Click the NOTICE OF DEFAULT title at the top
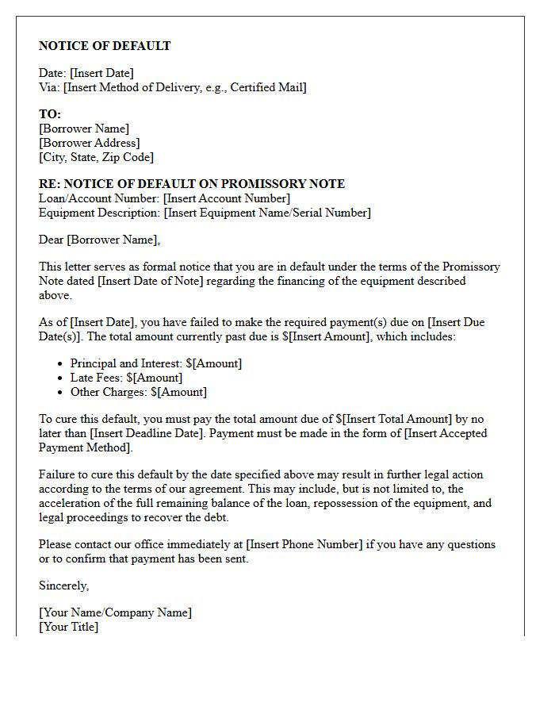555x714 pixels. pyautogui.click(x=105, y=46)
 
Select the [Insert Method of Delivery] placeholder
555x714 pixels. pyautogui.click(x=185, y=87)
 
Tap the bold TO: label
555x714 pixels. pyautogui.click(x=50, y=114)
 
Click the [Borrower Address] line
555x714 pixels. pyautogui.click(x=89, y=143)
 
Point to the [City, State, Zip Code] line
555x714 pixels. pyautogui.click(x=96, y=157)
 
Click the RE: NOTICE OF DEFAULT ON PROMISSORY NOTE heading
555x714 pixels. pyautogui.click(x=192, y=184)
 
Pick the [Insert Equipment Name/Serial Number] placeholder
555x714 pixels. pyautogui.click(x=267, y=213)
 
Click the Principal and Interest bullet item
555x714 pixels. pyautogui.click(x=156, y=363)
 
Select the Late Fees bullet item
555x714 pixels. pyautogui.click(x=126, y=378)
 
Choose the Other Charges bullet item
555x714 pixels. pyautogui.click(x=138, y=392)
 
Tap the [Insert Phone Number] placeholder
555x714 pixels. pyautogui.click(x=304, y=544)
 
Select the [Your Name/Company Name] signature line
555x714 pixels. pyautogui.click(x=115, y=612)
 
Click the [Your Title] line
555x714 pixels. pyautogui.click(x=69, y=627)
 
